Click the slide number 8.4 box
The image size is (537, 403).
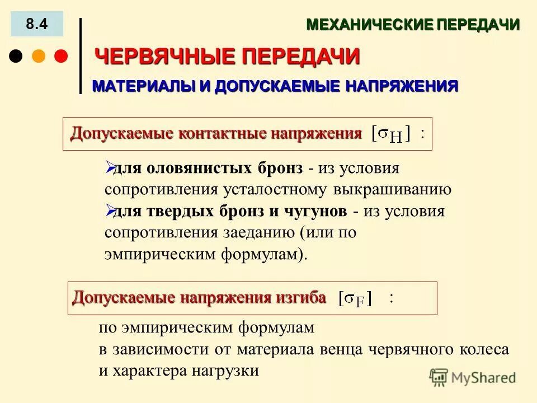(37, 24)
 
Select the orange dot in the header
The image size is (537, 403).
(39, 57)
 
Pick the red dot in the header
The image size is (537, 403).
(60, 57)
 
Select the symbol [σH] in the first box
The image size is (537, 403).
(392, 134)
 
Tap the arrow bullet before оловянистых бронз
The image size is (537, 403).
(110, 167)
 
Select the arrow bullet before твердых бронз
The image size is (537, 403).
(110, 210)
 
